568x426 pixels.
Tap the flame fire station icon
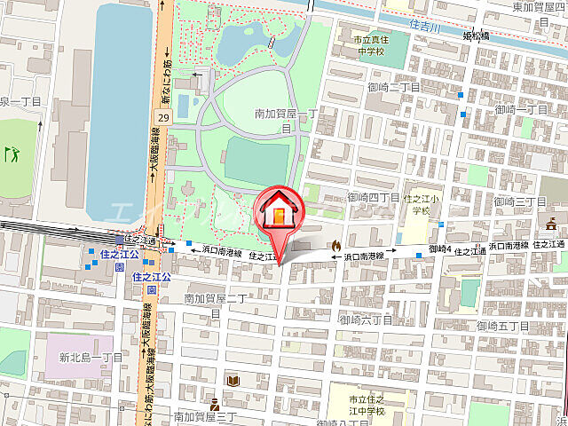point(336,245)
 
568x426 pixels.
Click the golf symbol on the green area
point(12,154)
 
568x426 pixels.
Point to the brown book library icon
point(233,380)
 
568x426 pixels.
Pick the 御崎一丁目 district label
point(522,109)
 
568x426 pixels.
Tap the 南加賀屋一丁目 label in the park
point(285,120)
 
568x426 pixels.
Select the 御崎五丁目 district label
point(503,327)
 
